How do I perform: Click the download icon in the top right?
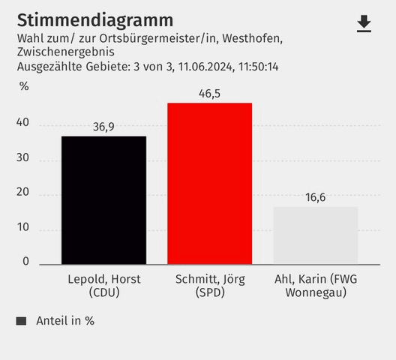(x=364, y=24)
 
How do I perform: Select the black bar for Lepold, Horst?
(x=103, y=200)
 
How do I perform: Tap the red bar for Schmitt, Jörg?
(x=209, y=184)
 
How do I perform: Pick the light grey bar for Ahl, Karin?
(x=315, y=235)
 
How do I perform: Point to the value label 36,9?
(x=103, y=127)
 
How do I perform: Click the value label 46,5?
(x=209, y=94)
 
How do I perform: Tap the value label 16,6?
(x=315, y=197)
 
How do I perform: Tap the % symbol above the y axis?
(x=24, y=85)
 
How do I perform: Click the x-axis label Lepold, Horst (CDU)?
(x=103, y=286)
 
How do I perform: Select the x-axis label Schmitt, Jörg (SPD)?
(x=209, y=286)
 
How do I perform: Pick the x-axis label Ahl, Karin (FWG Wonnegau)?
(x=315, y=286)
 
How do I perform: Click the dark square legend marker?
(x=21, y=321)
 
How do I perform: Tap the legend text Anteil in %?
(x=65, y=320)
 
